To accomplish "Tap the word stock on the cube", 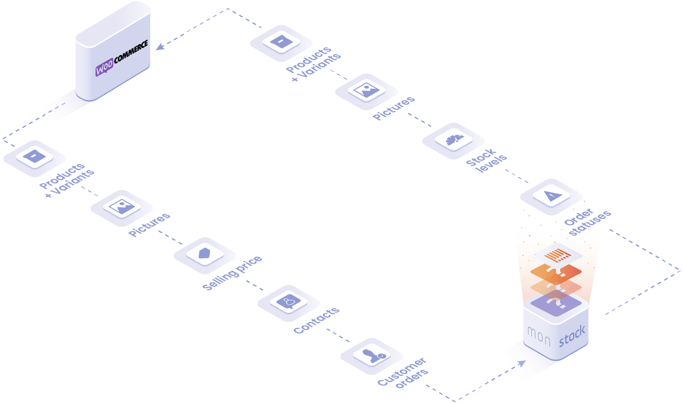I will click(x=572, y=336).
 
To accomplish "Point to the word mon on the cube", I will click(x=539, y=336).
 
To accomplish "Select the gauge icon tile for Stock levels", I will click(x=453, y=141).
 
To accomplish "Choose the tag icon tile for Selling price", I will click(x=204, y=255).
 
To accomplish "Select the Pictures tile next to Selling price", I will click(x=121, y=208).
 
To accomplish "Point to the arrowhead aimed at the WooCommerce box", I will click(x=160, y=46).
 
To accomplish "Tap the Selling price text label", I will click(x=232, y=273).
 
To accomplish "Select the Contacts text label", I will click(x=316, y=320).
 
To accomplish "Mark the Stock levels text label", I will click(x=487, y=160).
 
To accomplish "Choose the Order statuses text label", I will click(x=587, y=221).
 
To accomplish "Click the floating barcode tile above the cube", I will click(x=557, y=256).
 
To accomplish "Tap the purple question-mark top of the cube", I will click(x=555, y=303).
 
